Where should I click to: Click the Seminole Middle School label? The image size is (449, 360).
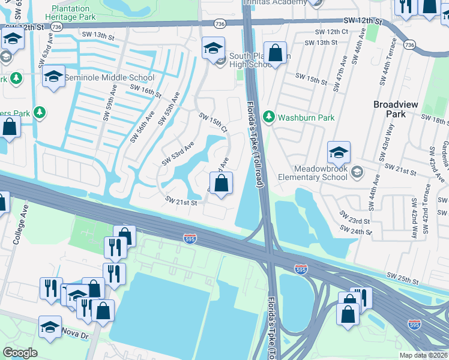click(109, 78)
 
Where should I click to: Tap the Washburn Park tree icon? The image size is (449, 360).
click(270, 116)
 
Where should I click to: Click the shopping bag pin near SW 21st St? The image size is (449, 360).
click(221, 183)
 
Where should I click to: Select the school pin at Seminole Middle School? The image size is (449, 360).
click(53, 76)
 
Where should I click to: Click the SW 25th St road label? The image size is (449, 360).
click(402, 278)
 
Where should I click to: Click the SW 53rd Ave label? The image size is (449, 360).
click(178, 154)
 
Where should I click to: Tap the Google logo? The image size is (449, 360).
click(20, 353)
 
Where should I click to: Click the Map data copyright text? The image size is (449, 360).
click(423, 355)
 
